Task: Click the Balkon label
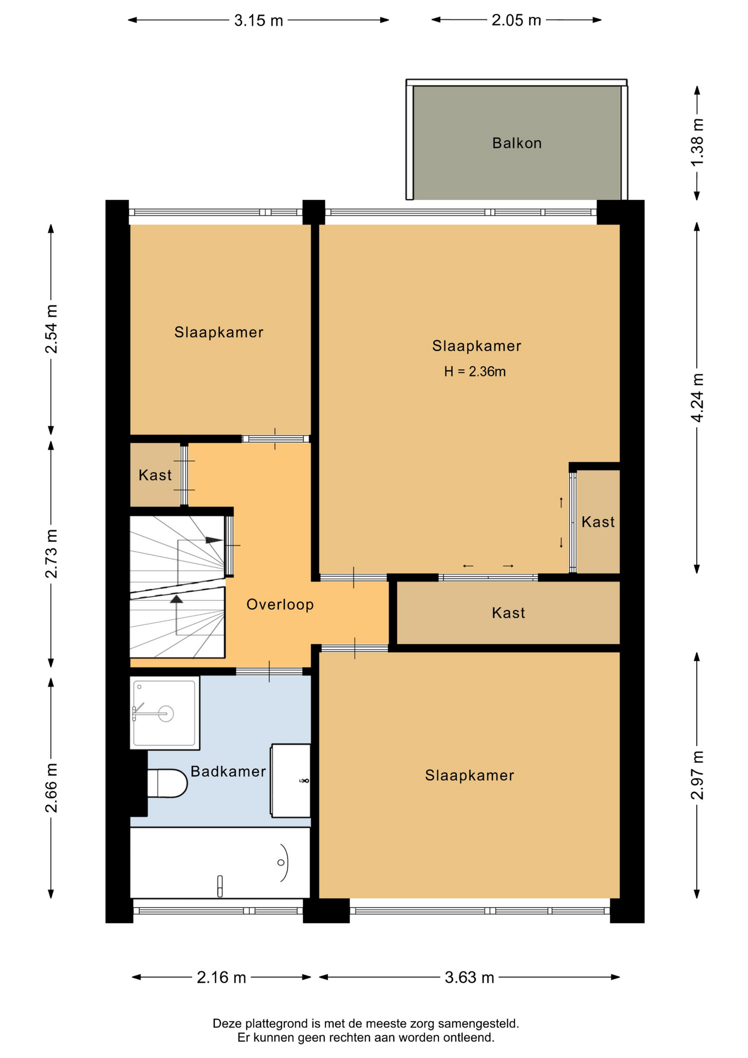click(517, 143)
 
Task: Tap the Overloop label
click(280, 604)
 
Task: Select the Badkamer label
click(228, 771)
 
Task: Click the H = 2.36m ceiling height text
click(475, 371)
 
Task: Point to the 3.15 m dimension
click(258, 20)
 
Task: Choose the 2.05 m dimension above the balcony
click(516, 20)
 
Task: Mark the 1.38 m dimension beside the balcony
click(697, 142)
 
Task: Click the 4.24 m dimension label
click(697, 398)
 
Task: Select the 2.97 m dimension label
click(697, 775)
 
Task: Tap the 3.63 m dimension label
click(469, 978)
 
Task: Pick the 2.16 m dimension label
click(221, 978)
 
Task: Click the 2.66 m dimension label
click(51, 788)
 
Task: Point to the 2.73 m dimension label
click(51, 554)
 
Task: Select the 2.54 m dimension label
click(51, 329)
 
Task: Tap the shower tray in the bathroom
click(165, 713)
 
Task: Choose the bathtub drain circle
click(281, 862)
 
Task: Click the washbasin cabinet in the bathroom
click(290, 780)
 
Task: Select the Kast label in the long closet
click(508, 613)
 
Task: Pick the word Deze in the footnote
click(227, 1024)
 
